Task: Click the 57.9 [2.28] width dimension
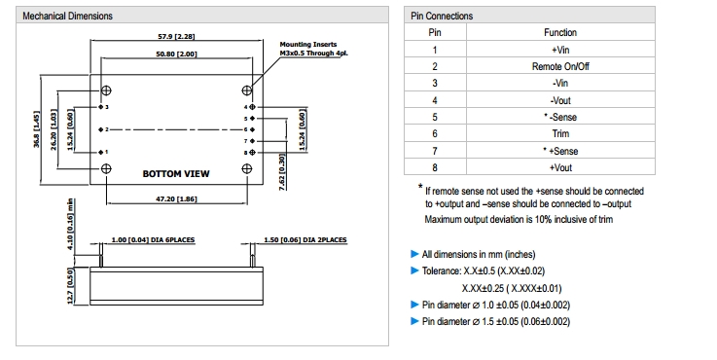[176, 36]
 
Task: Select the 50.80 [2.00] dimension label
[176, 54]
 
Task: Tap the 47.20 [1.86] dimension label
[176, 199]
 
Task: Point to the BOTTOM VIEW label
[176, 174]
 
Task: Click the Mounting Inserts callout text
[313, 49]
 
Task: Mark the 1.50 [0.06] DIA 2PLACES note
[305, 239]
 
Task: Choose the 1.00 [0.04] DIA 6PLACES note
[153, 239]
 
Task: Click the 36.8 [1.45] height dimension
[36, 129]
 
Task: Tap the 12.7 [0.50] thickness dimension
[70, 286]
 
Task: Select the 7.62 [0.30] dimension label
[282, 172]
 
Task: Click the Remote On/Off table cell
[560, 66]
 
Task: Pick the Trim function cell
[560, 133]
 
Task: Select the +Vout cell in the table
[560, 167]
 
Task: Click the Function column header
[560, 32]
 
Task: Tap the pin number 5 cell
[435, 117]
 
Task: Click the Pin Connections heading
[442, 16]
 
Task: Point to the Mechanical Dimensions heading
[68, 16]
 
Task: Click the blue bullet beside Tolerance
[414, 270]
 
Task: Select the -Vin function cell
[560, 84]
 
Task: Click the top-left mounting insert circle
[106, 90]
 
